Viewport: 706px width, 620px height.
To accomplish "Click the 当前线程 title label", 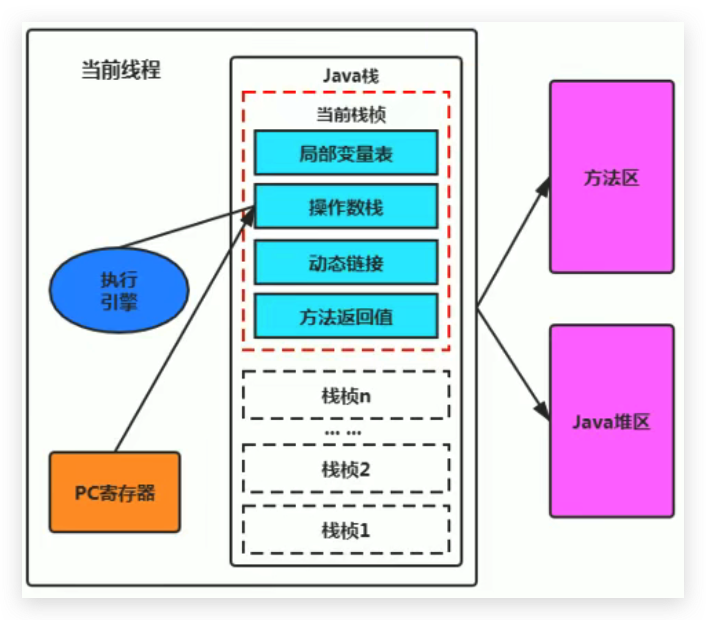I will pos(121,70).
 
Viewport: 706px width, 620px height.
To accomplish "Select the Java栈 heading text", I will pos(350,75).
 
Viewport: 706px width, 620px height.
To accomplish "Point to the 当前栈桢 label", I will pos(351,115).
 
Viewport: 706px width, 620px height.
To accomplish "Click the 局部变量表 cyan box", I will pos(346,153).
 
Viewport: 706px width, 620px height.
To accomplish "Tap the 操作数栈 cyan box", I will pos(346,207).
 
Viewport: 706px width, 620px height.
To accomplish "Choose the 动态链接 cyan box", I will pos(346,263).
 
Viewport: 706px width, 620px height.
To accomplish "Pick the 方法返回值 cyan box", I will pos(346,317).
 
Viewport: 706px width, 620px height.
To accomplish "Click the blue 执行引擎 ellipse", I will pos(119,290).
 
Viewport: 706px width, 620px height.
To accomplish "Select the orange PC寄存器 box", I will pos(115,492).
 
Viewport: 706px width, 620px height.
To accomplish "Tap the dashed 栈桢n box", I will pos(346,396).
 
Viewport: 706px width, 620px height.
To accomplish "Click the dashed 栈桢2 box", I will pos(346,469).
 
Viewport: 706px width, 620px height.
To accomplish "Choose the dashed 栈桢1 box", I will pos(346,530).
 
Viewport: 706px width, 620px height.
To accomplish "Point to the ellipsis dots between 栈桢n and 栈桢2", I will pos(343,433).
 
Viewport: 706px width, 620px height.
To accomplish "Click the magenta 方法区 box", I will pos(612,177).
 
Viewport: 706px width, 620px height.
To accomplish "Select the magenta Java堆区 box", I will pos(612,421).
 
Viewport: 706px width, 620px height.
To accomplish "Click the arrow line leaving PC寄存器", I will pos(175,349).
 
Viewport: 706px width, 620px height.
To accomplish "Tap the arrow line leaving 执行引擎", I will pos(180,230).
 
